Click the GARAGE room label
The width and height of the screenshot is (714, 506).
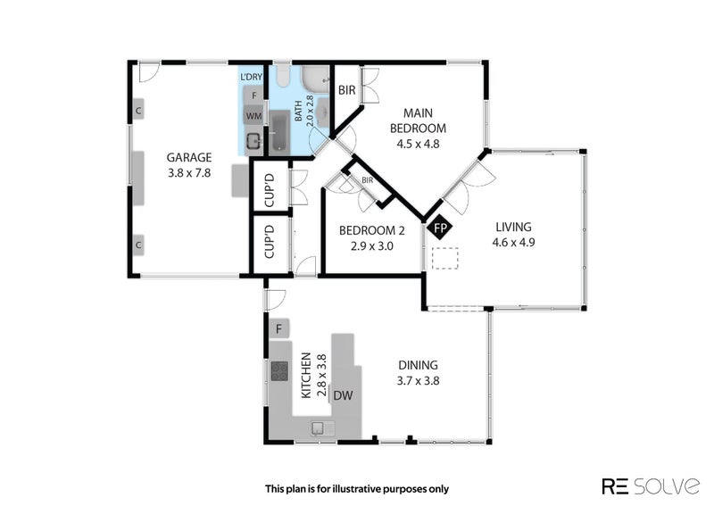coord(189,158)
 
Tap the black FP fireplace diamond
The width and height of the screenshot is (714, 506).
coord(440,228)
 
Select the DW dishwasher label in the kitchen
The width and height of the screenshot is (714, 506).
coord(343,395)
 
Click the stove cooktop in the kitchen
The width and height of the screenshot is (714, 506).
coord(279,370)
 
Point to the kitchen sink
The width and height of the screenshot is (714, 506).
coord(323,427)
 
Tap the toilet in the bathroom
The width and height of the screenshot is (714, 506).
coord(282,76)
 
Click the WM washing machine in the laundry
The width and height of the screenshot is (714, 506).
coord(253,116)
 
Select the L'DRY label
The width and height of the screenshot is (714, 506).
coord(252,77)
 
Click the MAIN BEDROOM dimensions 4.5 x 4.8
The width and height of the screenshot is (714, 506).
coord(418,144)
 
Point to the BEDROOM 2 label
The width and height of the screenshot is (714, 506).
coord(371,230)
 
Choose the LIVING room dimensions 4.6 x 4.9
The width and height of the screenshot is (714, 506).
coord(514,243)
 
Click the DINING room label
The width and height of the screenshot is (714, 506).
coord(418,365)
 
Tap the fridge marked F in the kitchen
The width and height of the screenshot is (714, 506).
coord(279,328)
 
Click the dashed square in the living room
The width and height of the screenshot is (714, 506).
coord(444,258)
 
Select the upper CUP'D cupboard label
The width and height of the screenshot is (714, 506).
coord(270,189)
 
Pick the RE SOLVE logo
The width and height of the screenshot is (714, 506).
coord(652,486)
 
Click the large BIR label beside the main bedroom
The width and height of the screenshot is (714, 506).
coord(347,90)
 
